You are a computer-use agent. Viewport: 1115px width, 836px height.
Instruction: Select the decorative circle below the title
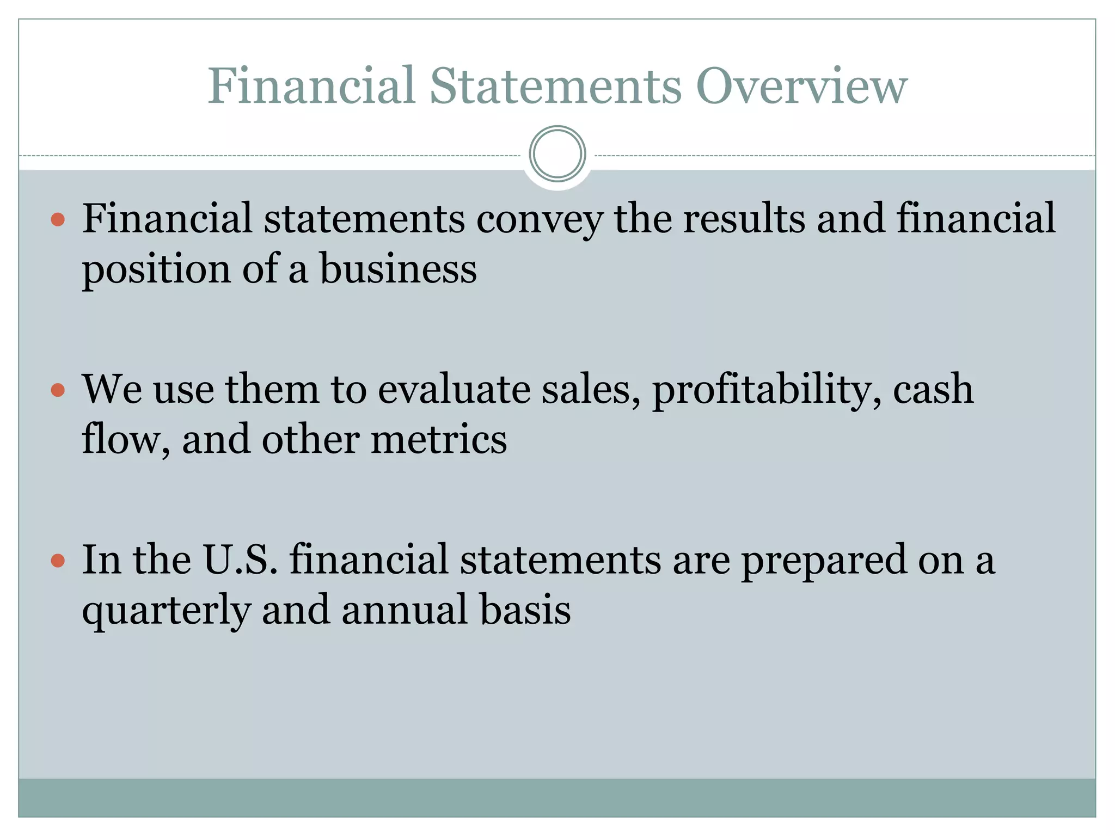pos(557,154)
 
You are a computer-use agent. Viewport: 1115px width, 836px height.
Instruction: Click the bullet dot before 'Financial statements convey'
pos(58,219)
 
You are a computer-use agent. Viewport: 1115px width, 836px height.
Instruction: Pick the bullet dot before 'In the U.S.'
pos(58,561)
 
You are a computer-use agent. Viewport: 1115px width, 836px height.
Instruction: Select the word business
pos(398,269)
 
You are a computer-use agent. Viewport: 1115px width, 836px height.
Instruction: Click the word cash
pos(933,390)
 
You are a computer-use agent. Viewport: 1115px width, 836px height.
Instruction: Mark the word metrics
pos(439,440)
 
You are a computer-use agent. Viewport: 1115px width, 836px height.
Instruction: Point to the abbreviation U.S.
pos(240,560)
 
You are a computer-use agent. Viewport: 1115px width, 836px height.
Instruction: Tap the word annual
pos(405,610)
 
